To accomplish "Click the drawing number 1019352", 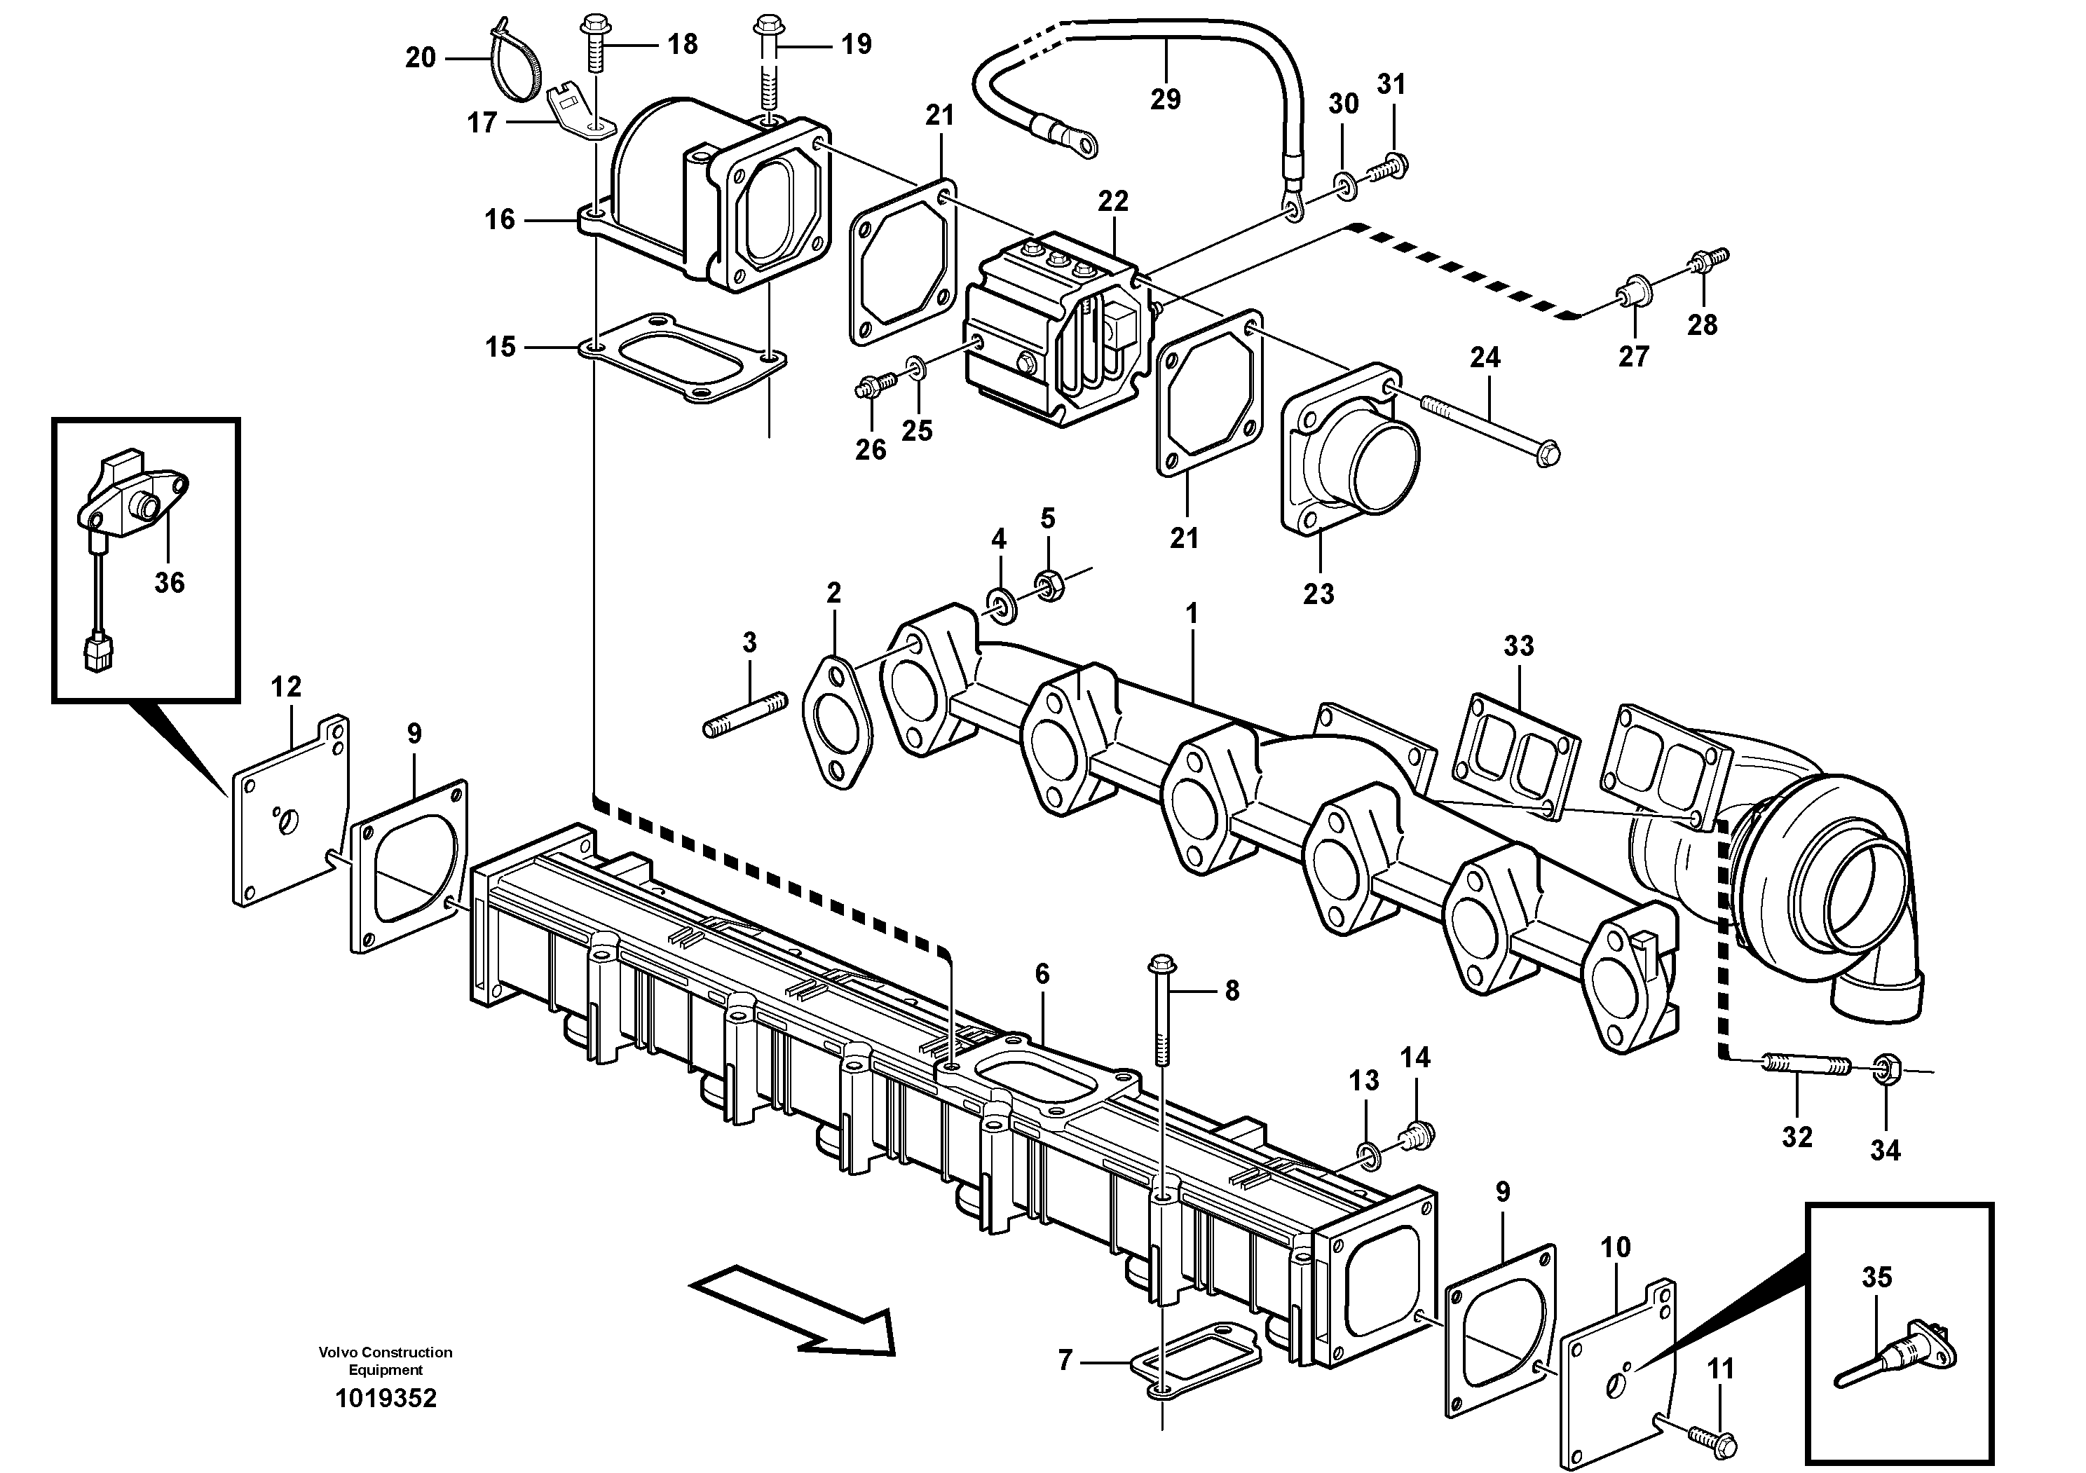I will (x=386, y=1397).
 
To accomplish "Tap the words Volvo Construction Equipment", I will (x=386, y=1360).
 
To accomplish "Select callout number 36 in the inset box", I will (x=169, y=582).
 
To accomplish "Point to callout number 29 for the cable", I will (x=1165, y=99).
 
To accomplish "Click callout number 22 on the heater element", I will (x=1112, y=200).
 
